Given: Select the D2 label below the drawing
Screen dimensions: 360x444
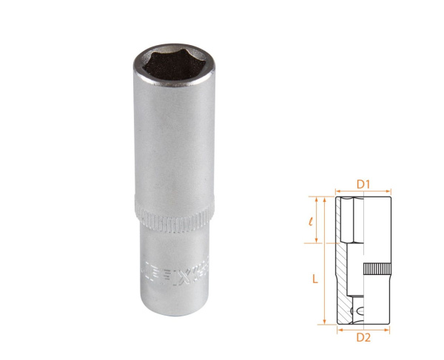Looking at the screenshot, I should point(362,338).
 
